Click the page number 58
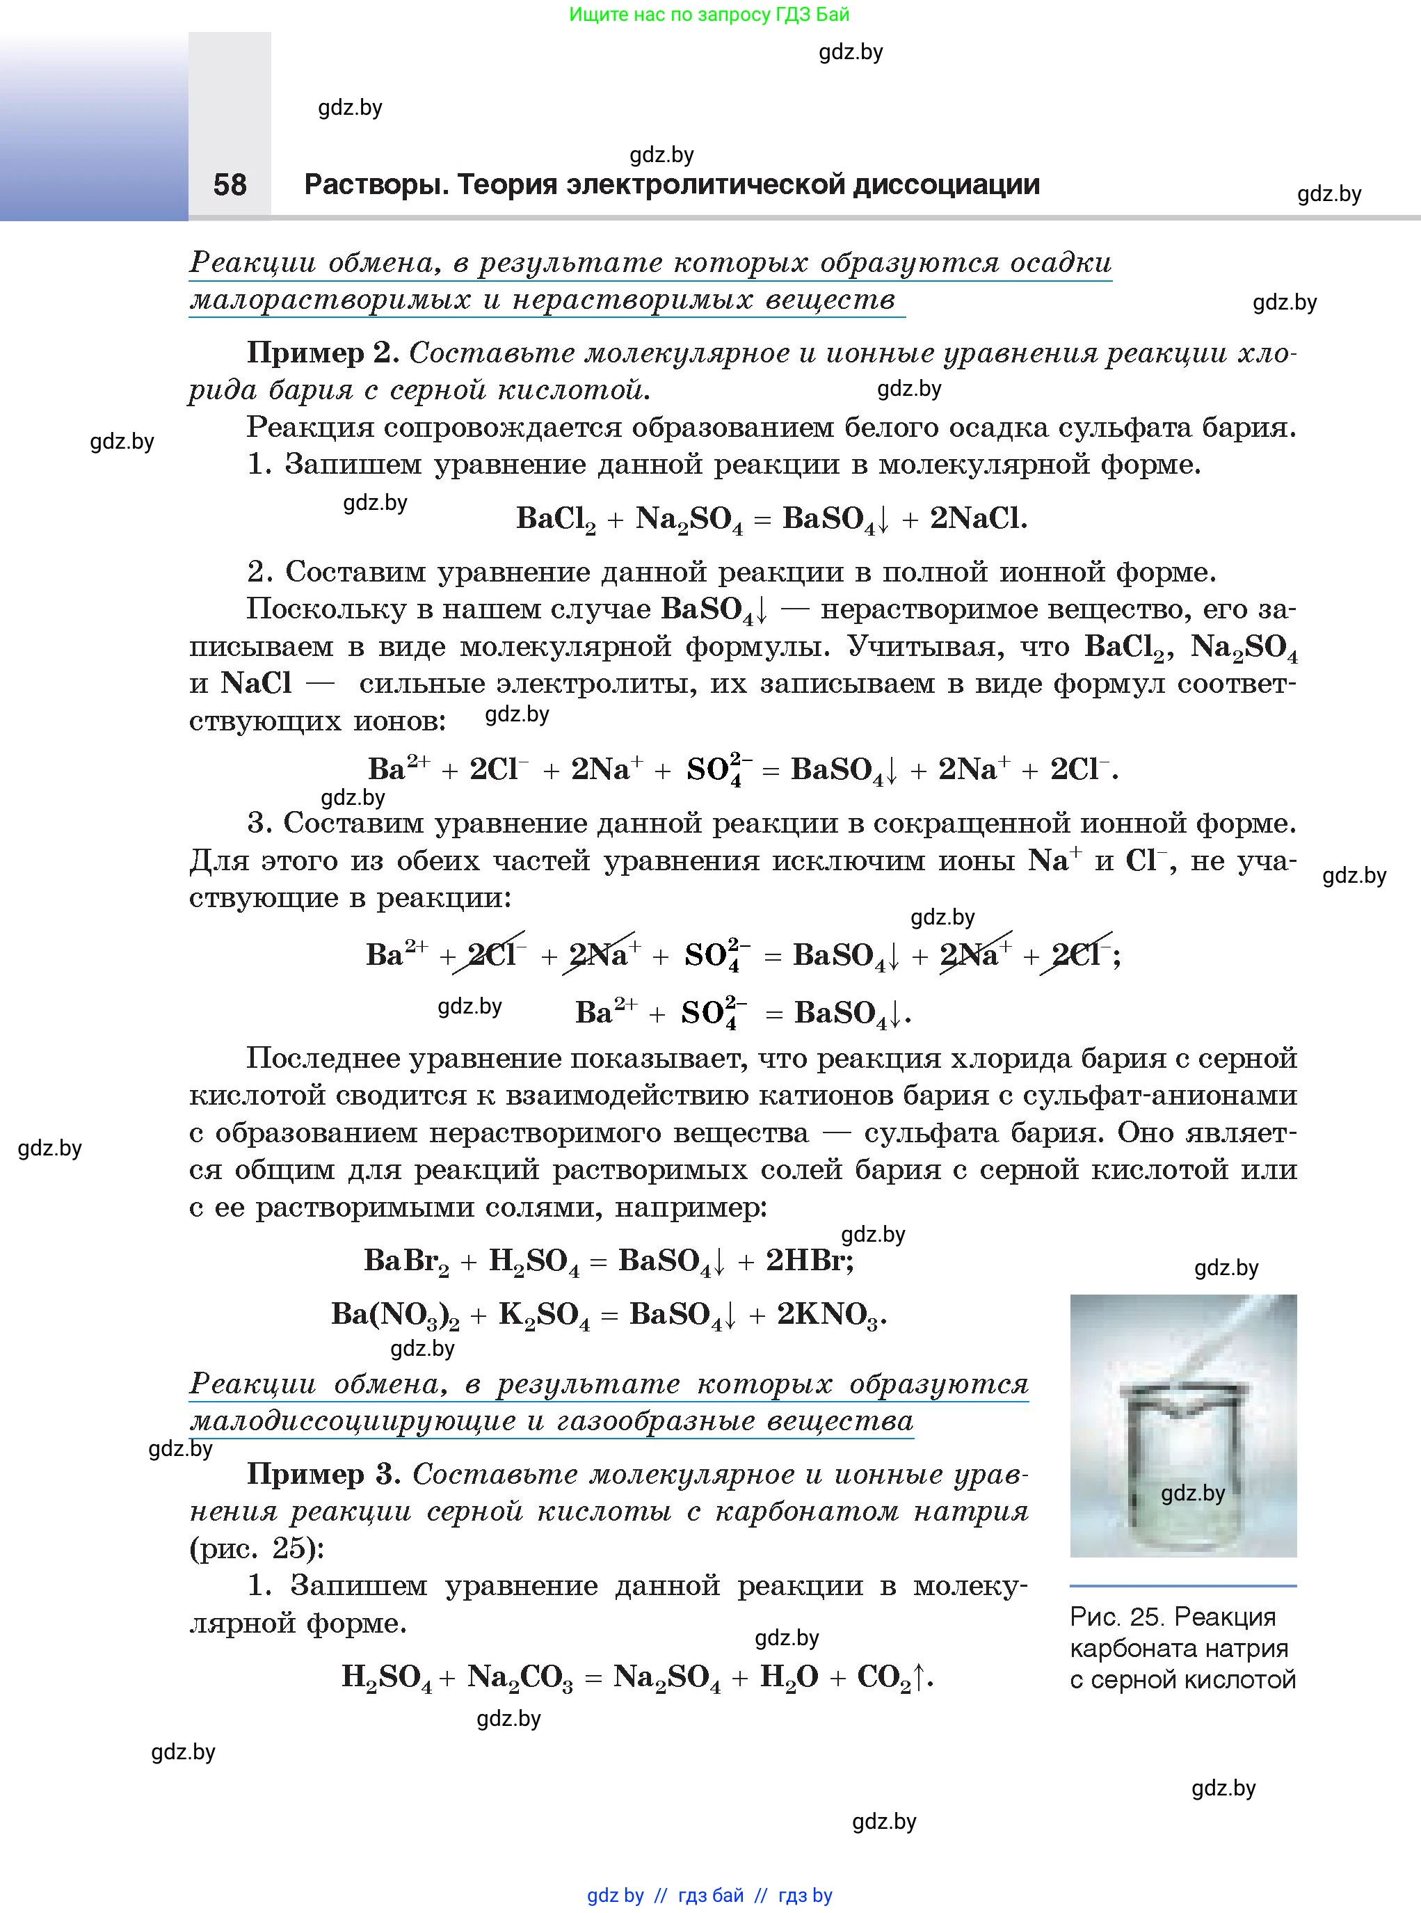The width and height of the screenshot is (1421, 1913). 230,185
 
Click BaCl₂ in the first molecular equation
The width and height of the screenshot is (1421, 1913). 556,519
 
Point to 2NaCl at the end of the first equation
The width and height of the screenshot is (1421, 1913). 978,519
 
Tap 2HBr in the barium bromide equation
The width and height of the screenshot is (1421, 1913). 808,1261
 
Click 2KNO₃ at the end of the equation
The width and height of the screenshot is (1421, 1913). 830,1314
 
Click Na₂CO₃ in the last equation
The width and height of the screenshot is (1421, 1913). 520,1676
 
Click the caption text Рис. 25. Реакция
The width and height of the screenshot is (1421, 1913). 1171,1617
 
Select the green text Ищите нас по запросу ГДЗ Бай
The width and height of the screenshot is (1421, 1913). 709,15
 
